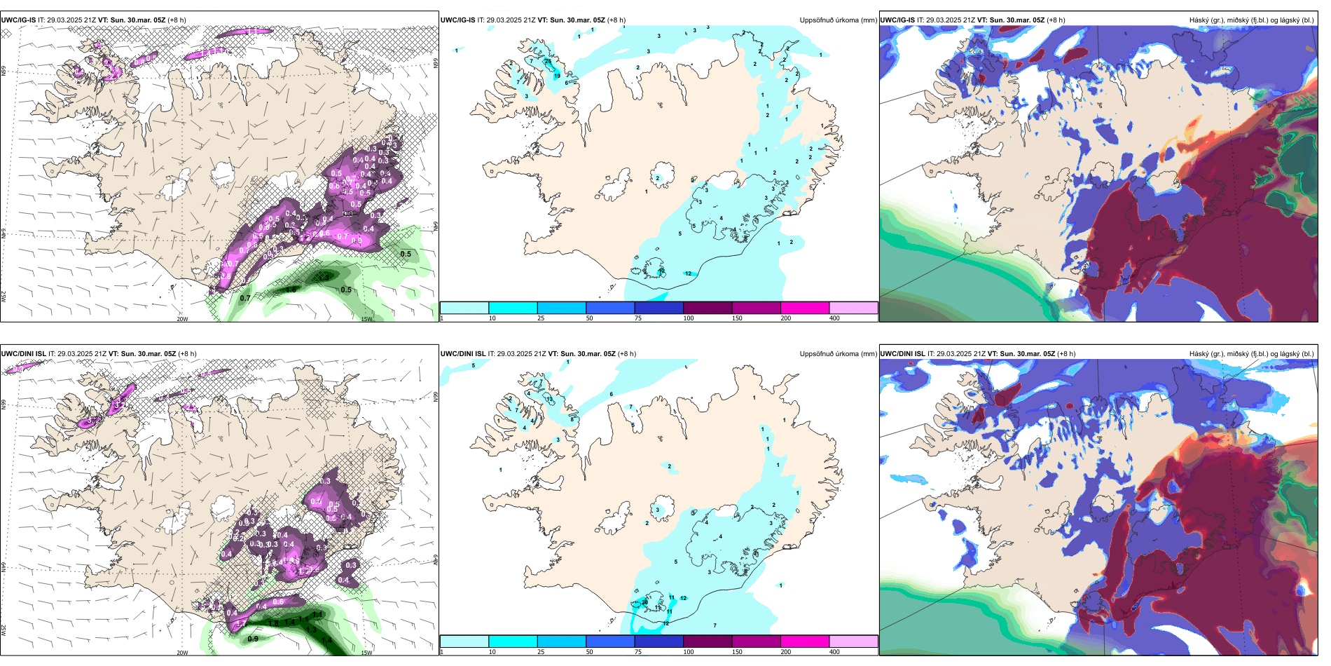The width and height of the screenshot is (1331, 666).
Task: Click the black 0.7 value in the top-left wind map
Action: (x=245, y=298)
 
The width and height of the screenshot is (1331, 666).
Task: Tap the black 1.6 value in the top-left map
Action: (x=291, y=289)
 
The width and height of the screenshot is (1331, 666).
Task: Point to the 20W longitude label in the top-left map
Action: (x=182, y=319)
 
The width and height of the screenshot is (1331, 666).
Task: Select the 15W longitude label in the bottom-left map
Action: (x=366, y=653)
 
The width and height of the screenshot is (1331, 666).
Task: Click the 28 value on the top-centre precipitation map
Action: (x=548, y=62)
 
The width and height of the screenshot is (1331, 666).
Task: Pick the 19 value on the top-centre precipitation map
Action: (x=558, y=76)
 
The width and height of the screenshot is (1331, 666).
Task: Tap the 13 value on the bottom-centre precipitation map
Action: (x=550, y=399)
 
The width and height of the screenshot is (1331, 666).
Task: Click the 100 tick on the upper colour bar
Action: (x=688, y=318)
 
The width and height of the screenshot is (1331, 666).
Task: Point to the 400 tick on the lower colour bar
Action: (x=834, y=652)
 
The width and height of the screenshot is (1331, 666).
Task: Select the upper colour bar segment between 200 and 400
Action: (x=853, y=308)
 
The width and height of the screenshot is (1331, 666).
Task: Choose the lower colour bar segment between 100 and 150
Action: (x=708, y=641)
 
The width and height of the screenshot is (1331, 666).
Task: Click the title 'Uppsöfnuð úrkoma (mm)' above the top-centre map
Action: (x=838, y=20)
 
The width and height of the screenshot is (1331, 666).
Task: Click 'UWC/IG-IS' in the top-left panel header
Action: (x=18, y=20)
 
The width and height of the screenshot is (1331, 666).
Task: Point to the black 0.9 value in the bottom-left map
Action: (x=253, y=639)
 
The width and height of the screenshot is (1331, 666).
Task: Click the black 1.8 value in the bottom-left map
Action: (x=274, y=623)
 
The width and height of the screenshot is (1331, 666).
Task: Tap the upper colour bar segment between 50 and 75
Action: (x=609, y=308)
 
